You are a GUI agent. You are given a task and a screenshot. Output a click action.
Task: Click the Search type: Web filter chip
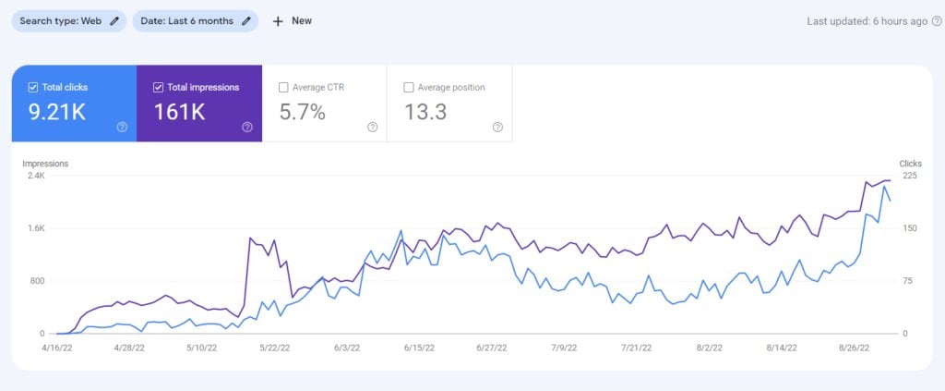click(x=68, y=20)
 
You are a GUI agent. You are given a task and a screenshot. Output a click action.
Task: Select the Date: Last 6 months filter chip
click(x=195, y=20)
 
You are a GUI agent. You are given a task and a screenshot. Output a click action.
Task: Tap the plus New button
click(x=293, y=20)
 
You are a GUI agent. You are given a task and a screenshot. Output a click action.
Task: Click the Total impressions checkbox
click(x=158, y=88)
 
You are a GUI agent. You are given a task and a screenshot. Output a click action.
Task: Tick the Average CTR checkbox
click(x=283, y=88)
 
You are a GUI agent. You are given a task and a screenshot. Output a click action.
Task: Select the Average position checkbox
click(x=409, y=88)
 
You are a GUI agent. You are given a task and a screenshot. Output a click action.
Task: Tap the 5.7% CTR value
click(x=302, y=113)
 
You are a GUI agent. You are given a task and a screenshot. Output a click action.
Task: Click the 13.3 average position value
click(x=425, y=113)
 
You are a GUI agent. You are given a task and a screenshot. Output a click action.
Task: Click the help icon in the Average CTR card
click(x=372, y=128)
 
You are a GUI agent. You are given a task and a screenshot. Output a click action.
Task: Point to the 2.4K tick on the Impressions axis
click(x=35, y=176)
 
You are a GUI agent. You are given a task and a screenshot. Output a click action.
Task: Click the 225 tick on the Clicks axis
click(x=909, y=176)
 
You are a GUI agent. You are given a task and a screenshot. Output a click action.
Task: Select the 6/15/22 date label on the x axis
click(x=419, y=348)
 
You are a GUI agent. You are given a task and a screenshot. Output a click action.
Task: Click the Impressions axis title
click(x=45, y=164)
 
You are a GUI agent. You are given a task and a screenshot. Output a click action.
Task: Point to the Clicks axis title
click(x=910, y=164)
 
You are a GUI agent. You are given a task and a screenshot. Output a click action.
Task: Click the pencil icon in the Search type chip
click(x=114, y=20)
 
